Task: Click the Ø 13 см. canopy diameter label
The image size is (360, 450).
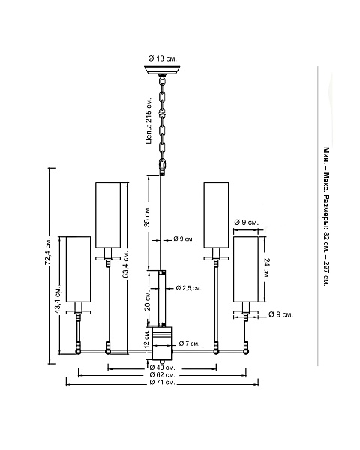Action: click(163, 58)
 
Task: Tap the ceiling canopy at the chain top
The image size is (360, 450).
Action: click(162, 70)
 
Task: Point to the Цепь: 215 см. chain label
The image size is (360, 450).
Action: click(148, 121)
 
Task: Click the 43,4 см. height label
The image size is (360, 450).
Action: click(58, 298)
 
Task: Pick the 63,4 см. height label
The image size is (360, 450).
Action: click(125, 265)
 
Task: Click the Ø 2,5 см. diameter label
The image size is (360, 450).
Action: click(188, 288)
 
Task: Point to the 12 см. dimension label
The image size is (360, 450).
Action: click(147, 339)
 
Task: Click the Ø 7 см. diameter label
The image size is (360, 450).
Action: click(189, 343)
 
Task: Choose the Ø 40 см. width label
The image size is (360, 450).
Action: click(163, 367)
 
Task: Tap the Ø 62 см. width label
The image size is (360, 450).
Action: click(163, 375)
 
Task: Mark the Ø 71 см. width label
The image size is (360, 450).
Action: click(163, 382)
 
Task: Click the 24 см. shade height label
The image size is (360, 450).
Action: click(267, 269)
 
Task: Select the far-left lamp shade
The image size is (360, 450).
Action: click(78, 269)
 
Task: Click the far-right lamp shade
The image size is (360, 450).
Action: click(246, 269)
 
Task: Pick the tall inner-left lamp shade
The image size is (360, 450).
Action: click(108, 215)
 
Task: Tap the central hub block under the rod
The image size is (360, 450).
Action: click(162, 343)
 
